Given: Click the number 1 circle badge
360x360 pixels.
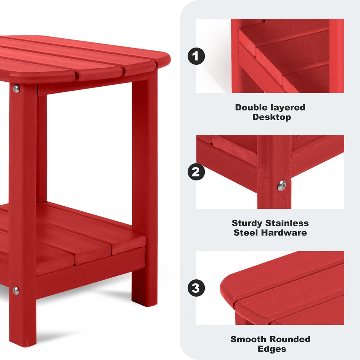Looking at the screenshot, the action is pyautogui.click(x=196, y=56).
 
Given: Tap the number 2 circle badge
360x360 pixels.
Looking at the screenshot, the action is pyautogui.click(x=196, y=172).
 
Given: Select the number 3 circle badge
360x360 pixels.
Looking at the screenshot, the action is pyautogui.click(x=196, y=288).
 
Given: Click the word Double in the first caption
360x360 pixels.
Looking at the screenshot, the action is pyautogui.click(x=251, y=107).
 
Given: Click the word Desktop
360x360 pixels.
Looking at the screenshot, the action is pyautogui.click(x=271, y=117).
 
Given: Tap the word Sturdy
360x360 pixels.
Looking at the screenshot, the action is pyautogui.click(x=247, y=224).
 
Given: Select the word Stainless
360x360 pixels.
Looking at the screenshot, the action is pyautogui.click(x=287, y=223).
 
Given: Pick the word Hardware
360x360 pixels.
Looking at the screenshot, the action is pyautogui.click(x=284, y=233).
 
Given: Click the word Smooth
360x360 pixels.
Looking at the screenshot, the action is pyautogui.click(x=248, y=339).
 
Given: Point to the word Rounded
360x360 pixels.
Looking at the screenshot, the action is pyautogui.click(x=290, y=339).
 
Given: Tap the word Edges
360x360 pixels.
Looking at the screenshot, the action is pyautogui.click(x=272, y=349).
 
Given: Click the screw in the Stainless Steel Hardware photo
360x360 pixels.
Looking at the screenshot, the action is pyautogui.click(x=282, y=185).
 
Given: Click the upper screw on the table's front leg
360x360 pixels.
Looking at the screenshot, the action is pyautogui.click(x=16, y=89).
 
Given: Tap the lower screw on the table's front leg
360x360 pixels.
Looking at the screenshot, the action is pyautogui.click(x=16, y=291).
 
